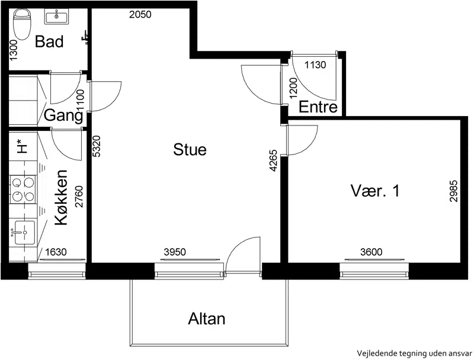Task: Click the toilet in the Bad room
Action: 23,24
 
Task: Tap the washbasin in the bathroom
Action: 56,16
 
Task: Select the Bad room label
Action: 49,41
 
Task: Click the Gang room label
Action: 63,115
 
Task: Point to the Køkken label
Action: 61,198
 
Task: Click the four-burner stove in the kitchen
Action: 23,189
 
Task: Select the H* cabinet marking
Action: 22,146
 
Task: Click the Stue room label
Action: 190,149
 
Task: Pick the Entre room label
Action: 318,107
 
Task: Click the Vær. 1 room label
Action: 375,191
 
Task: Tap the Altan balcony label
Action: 207,319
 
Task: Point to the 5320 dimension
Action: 97,146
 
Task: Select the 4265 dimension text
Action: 273,160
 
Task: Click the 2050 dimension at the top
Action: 140,14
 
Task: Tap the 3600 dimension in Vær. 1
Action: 371,252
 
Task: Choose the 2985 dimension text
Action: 453,191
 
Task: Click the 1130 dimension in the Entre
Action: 315,65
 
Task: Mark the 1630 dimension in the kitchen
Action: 56,252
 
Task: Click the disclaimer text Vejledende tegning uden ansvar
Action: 414,353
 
